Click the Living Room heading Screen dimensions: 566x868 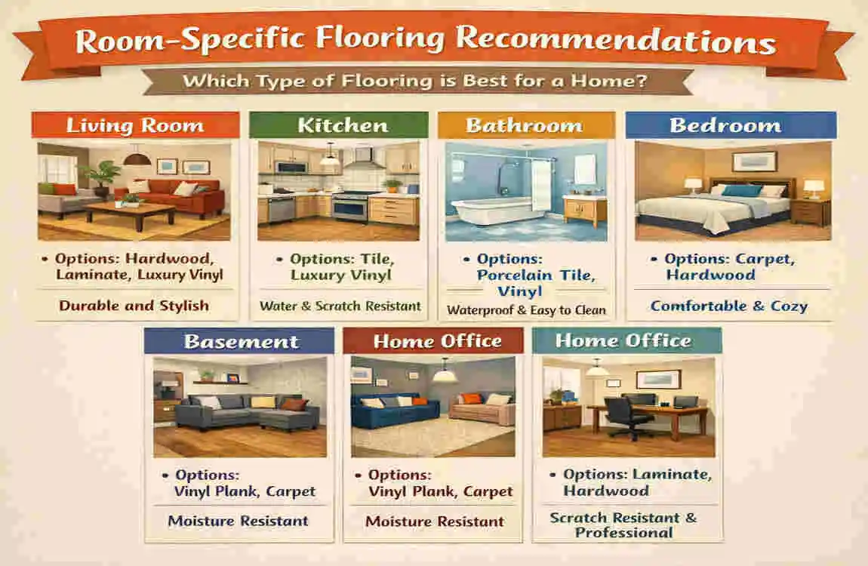pos(135,125)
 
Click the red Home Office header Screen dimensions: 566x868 pos(437,341)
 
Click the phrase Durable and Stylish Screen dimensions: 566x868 pos(135,306)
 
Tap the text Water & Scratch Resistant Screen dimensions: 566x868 pos(340,306)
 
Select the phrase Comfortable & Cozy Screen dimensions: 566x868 pos(729,306)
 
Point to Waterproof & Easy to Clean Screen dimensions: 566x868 pos(526,309)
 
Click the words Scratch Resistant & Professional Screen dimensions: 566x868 pos(623,525)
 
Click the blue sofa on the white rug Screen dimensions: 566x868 pos(396,412)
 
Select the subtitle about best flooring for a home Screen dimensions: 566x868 pos(416,81)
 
